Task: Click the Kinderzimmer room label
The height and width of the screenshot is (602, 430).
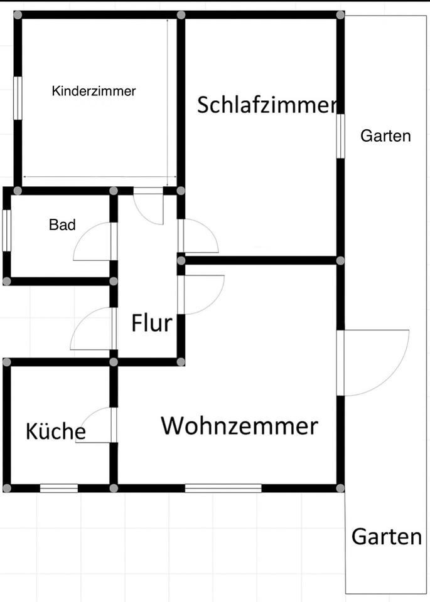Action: click(x=94, y=91)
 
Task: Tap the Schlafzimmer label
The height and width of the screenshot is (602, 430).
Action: click(x=267, y=105)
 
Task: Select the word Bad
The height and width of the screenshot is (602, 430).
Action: click(x=62, y=224)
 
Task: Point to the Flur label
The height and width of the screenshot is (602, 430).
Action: click(x=151, y=324)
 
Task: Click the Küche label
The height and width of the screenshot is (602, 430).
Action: click(x=56, y=431)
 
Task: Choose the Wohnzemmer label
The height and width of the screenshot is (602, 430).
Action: click(x=239, y=426)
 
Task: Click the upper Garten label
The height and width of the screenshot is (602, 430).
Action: click(x=385, y=136)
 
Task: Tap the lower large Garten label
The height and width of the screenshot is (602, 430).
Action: click(x=386, y=537)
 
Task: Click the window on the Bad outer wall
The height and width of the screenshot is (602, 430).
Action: click(x=6, y=231)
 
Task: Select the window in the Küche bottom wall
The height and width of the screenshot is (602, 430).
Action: click(x=59, y=488)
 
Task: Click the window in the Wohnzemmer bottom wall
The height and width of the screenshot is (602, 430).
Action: click(x=223, y=488)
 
